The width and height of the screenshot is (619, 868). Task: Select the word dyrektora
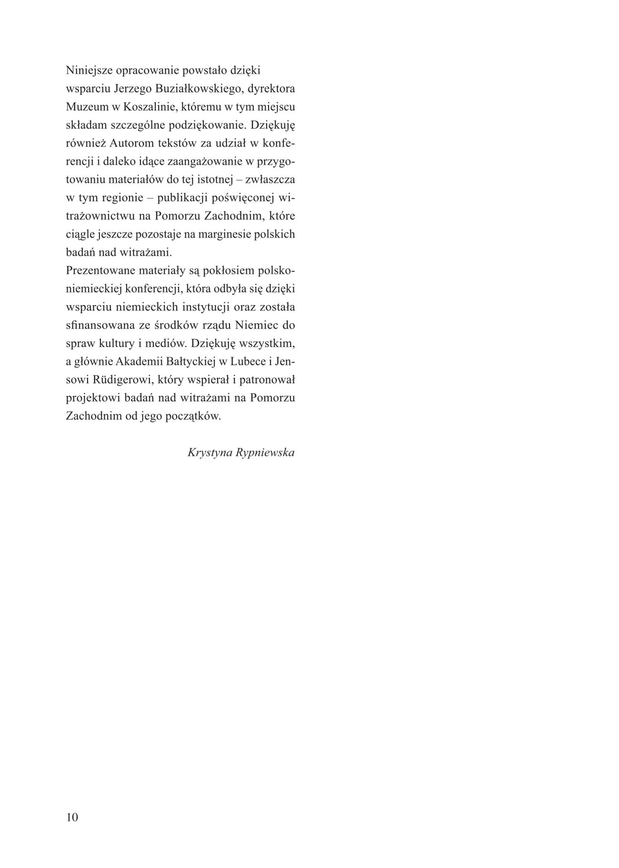274,89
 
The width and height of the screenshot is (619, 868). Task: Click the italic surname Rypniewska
266,453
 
